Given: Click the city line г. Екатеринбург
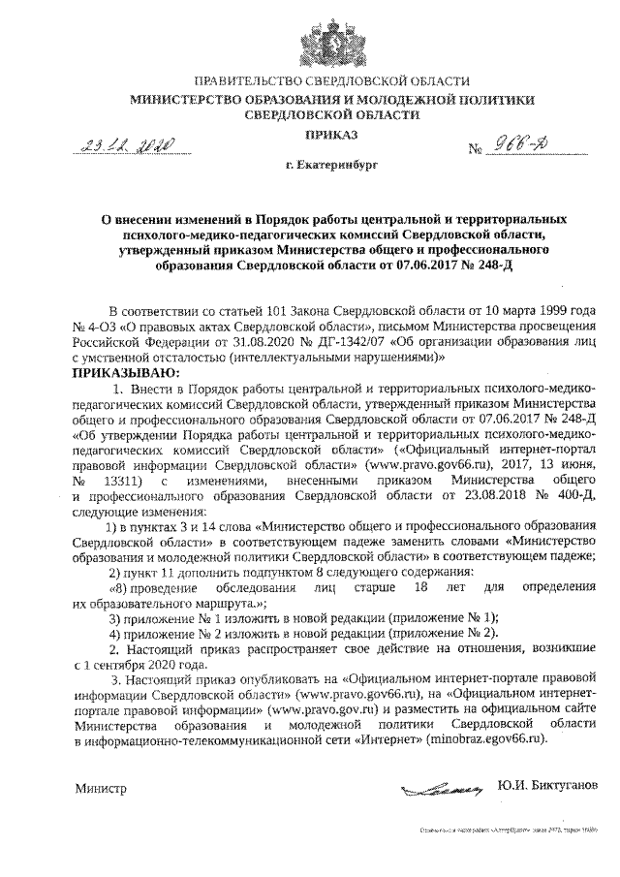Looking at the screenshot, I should [x=332, y=168].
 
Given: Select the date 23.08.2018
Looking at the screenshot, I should [x=475, y=495].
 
